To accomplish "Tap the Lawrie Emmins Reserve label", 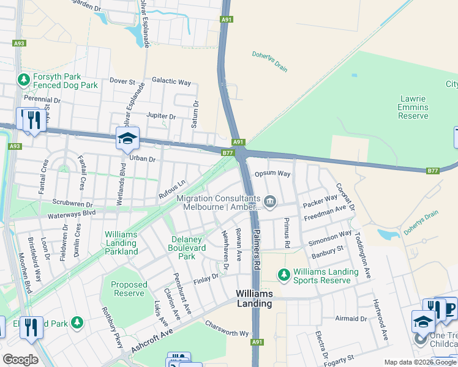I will (413, 107).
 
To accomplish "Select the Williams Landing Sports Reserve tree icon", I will (283, 276).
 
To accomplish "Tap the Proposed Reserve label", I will (129, 289).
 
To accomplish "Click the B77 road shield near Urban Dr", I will (228, 153).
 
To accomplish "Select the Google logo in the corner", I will (20, 360).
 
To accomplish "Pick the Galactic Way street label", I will (171, 82).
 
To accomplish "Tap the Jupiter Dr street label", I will (161, 116).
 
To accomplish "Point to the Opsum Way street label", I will (272, 174).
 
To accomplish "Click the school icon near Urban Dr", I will (127, 139).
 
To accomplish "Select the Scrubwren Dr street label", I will (72, 205).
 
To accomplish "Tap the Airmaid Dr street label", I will (351, 319).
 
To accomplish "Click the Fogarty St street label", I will (342, 358).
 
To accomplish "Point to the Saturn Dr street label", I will (196, 114).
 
